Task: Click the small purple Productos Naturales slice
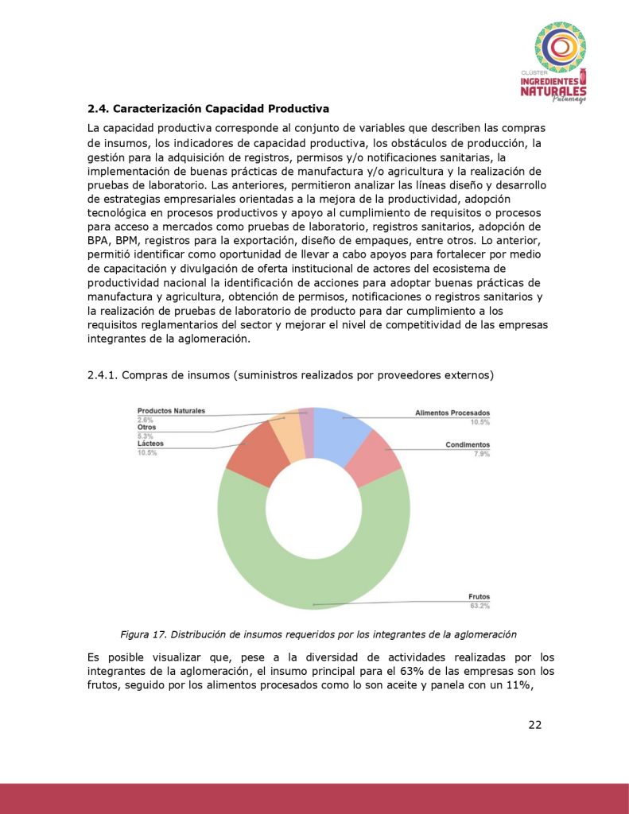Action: [x=307, y=421]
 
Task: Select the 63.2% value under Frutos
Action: [x=479, y=606]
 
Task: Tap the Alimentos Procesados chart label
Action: [x=452, y=413]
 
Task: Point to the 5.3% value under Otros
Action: [x=146, y=436]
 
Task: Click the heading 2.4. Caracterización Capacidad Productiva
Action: [x=208, y=108]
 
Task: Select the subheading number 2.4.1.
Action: [x=102, y=374]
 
